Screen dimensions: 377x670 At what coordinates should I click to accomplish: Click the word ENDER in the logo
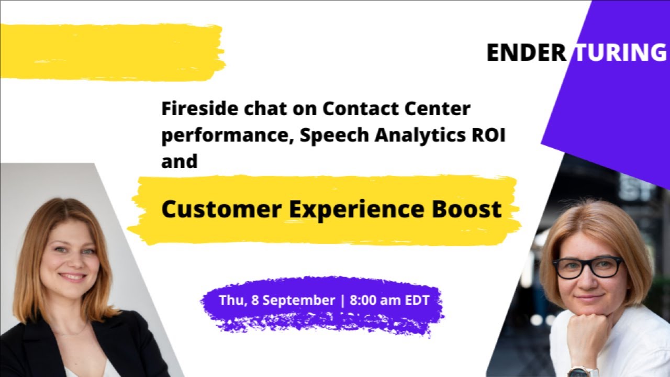coord(526,53)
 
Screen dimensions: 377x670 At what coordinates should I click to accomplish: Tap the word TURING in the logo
coord(621,53)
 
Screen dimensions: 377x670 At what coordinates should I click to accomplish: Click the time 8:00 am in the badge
coord(373,301)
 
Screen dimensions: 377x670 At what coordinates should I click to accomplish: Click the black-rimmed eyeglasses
coord(588,267)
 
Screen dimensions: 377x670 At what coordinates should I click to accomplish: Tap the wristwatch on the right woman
coord(583,371)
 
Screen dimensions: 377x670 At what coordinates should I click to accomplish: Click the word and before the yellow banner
coord(179,161)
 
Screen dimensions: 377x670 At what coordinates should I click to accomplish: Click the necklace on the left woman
coord(73,332)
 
